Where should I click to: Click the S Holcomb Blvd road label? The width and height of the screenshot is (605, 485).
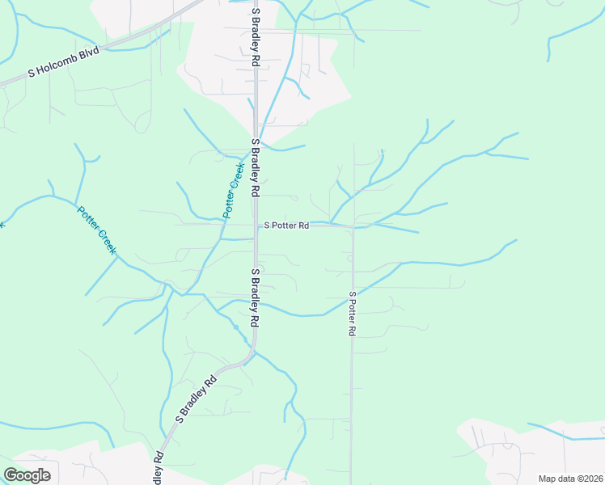[63, 61]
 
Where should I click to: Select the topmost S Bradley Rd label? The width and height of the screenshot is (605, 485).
[256, 37]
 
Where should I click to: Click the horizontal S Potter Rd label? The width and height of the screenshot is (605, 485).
[286, 226]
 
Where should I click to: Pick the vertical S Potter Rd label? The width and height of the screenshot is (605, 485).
[353, 314]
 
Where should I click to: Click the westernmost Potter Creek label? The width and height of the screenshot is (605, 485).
[97, 230]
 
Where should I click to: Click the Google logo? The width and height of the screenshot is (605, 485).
[27, 475]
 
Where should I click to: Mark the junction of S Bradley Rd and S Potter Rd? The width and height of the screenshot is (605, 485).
[256, 225]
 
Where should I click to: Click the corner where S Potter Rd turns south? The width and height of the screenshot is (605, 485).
[352, 227]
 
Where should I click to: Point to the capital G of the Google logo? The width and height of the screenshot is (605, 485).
[11, 475]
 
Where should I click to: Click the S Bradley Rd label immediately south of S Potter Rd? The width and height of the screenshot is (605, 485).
[255, 297]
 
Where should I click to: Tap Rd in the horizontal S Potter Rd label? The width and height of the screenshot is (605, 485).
[303, 226]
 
